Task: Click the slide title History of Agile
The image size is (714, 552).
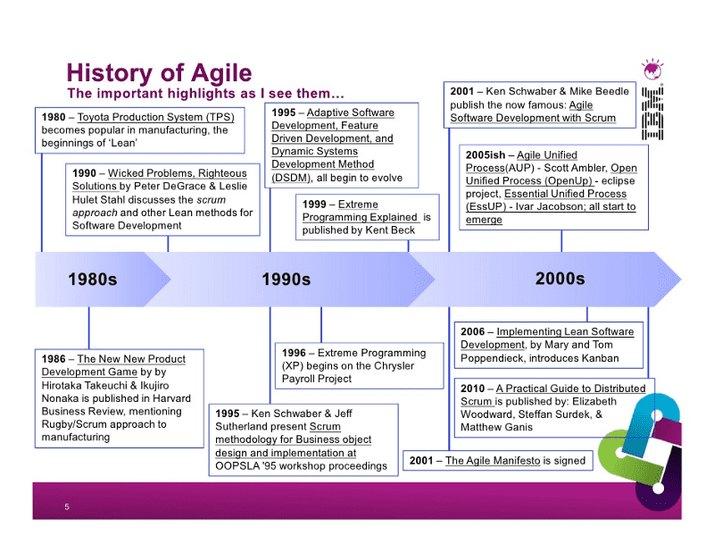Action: click(x=159, y=72)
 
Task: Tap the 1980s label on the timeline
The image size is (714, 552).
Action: click(x=93, y=279)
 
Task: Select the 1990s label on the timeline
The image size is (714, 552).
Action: click(x=286, y=279)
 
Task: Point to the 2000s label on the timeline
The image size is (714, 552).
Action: click(x=560, y=279)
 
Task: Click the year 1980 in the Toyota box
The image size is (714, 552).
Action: click(x=54, y=117)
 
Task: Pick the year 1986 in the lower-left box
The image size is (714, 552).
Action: click(x=54, y=359)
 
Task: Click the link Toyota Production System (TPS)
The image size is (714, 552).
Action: click(x=155, y=117)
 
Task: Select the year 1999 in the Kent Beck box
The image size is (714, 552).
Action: click(x=314, y=205)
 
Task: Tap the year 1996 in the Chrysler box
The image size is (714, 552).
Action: click(x=294, y=353)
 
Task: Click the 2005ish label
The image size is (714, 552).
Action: click(x=486, y=155)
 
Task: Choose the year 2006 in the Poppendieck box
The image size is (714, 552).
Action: click(x=472, y=332)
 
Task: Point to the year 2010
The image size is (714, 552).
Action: click(x=472, y=389)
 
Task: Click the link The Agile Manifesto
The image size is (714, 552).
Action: click(x=493, y=460)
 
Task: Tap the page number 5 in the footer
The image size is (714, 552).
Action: click(x=67, y=506)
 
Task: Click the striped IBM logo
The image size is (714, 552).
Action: click(x=652, y=113)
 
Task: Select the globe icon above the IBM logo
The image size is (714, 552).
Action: click(x=652, y=70)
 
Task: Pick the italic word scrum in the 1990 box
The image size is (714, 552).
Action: click(x=212, y=200)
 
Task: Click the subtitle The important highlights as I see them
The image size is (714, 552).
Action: click(x=205, y=94)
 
